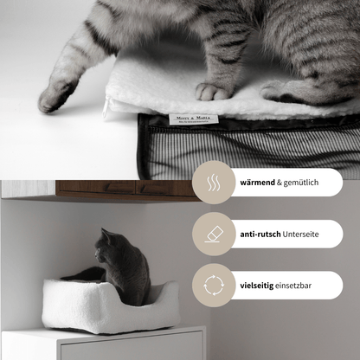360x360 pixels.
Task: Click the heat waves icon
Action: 213,183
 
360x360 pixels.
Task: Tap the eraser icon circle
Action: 213,235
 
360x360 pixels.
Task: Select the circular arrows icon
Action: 213,285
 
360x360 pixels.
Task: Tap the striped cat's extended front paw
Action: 57,94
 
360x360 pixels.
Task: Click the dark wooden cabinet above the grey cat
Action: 112,189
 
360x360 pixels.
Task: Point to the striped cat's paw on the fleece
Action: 214,90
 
